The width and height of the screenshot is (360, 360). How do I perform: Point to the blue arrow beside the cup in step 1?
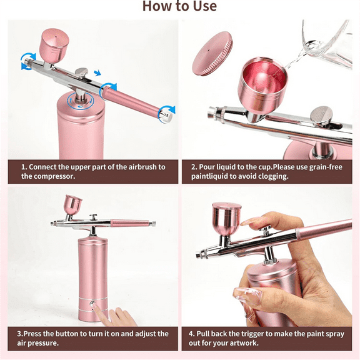(x=27, y=60)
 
